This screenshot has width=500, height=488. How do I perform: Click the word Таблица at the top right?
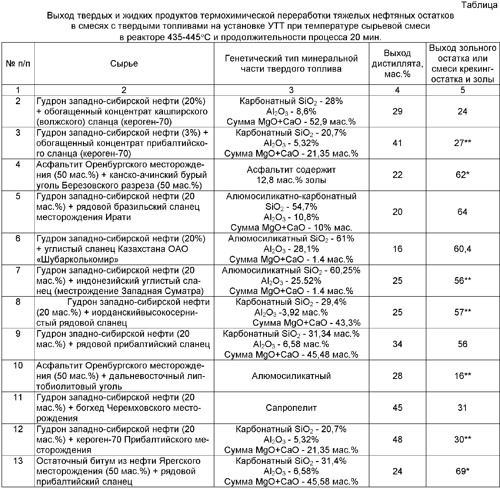click(479, 5)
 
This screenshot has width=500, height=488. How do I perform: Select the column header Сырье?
click(124, 64)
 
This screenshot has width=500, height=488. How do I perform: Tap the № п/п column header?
click(18, 64)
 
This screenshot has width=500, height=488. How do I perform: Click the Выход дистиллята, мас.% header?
click(397, 64)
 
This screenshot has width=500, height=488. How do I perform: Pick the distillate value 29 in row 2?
click(397, 111)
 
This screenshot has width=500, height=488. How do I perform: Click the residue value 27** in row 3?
click(463, 143)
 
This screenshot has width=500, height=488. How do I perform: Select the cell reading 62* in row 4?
click(463, 175)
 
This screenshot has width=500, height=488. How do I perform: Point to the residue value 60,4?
click(463, 249)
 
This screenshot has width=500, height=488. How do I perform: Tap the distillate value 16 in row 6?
click(397, 249)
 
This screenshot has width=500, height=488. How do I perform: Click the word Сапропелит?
click(291, 408)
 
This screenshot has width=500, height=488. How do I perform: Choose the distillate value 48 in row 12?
click(397, 439)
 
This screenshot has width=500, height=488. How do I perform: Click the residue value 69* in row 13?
click(463, 471)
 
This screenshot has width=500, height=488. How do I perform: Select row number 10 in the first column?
click(18, 365)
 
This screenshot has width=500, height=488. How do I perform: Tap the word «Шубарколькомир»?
click(78, 259)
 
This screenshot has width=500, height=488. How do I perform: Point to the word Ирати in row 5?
click(118, 217)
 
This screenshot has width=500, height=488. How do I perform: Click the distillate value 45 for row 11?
click(397, 408)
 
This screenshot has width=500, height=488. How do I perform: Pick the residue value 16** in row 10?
click(463, 376)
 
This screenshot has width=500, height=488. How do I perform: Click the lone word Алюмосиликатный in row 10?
click(291, 376)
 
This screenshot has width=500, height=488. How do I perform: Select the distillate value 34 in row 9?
click(397, 344)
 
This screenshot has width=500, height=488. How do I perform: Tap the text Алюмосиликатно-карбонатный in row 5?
click(291, 196)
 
